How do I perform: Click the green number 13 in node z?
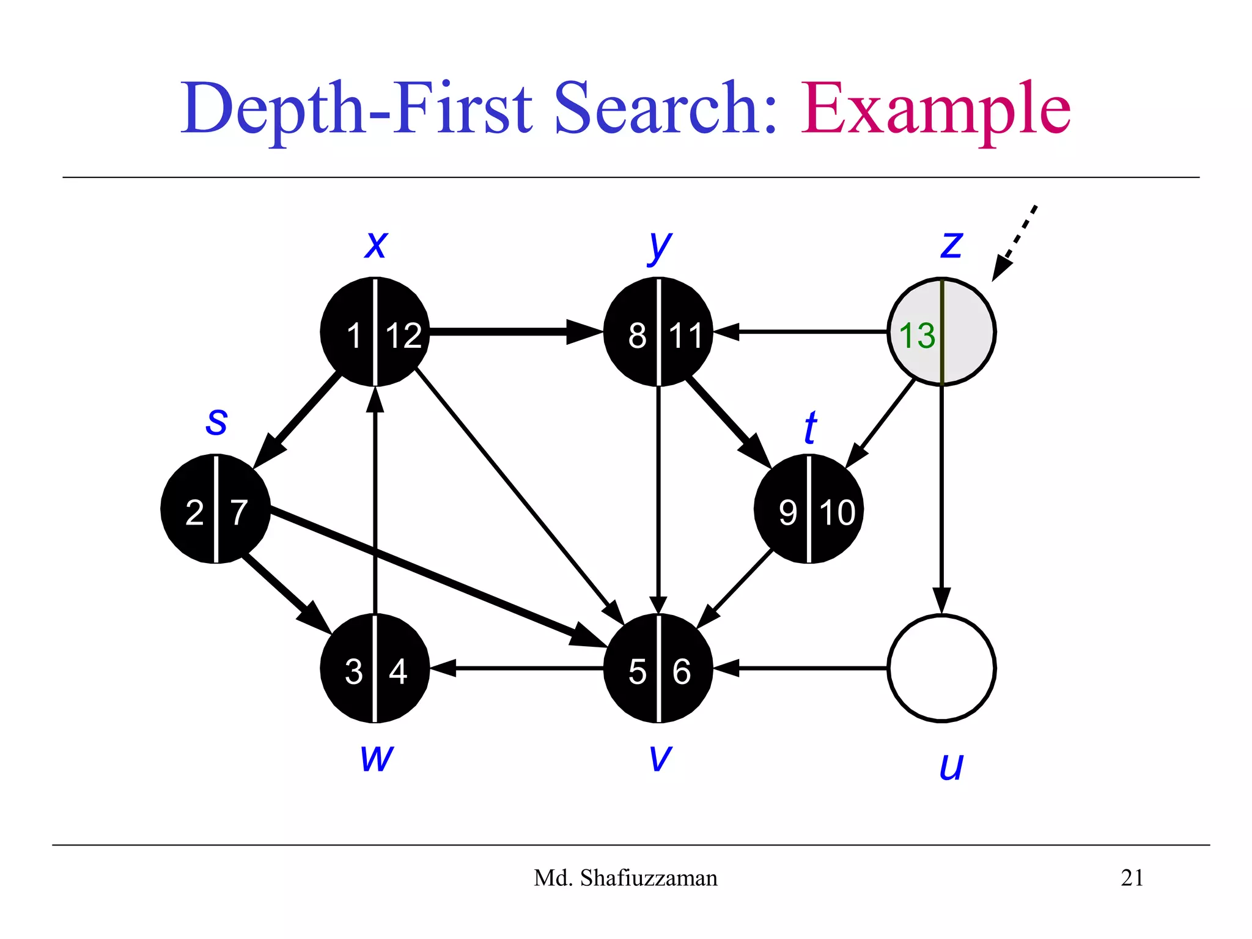tap(917, 336)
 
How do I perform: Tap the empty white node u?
tap(941, 668)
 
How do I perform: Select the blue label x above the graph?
tap(376, 245)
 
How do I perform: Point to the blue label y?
tap(659, 247)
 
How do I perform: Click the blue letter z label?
tap(951, 245)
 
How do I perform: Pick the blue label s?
tap(216, 422)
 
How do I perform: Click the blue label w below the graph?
tap(377, 758)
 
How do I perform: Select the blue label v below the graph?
tap(660, 758)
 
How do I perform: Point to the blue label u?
tap(951, 765)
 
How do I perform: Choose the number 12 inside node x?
tap(403, 336)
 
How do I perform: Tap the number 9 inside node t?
tap(787, 512)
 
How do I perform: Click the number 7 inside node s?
tap(239, 512)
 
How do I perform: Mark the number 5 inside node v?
tap(637, 672)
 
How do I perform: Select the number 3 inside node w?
tap(353, 672)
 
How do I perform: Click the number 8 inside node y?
tap(637, 336)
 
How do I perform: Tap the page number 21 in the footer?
tap(1132, 878)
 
